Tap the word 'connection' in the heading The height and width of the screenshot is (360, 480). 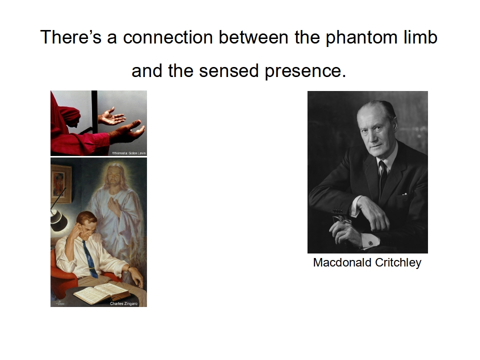(168, 37)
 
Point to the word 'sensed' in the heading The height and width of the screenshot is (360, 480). (228, 70)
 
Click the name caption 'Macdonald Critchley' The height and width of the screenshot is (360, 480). (367, 262)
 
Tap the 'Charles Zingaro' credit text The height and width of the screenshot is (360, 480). (123, 303)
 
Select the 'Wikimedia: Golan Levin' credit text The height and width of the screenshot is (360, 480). (129, 153)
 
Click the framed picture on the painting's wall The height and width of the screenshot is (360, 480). (60, 183)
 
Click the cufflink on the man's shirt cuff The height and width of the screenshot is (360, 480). (370, 243)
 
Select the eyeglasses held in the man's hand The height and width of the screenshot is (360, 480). (342, 221)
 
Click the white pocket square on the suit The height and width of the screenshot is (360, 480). (404, 194)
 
